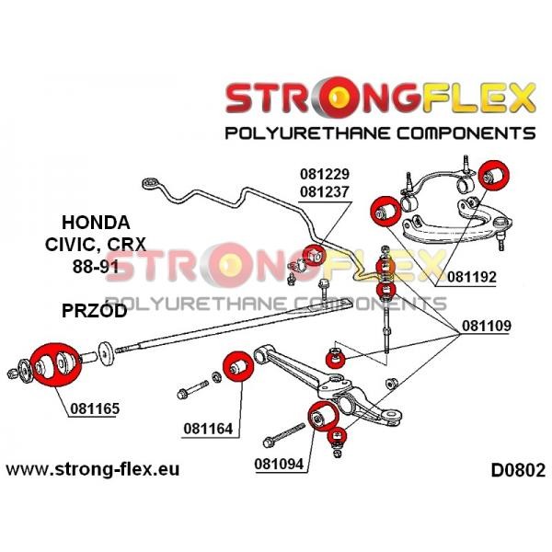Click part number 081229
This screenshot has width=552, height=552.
pos(324,174)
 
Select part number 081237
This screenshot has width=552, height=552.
pos(324,192)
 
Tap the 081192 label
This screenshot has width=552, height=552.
pos(472,277)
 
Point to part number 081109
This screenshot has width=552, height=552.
pos(487,326)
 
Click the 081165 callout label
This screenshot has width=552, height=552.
pos(95,408)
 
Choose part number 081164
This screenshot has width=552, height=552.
pos(208,429)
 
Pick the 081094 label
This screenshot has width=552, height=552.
pos(279,464)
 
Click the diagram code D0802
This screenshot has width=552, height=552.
pos(518,470)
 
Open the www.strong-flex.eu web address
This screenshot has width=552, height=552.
pos(93,469)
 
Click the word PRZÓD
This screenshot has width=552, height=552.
pos(95,311)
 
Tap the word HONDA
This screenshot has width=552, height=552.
pos(96,223)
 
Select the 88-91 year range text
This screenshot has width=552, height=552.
pos(96,267)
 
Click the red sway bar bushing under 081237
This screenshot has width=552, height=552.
pos(315,255)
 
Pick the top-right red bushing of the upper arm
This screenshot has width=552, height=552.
pos(495,175)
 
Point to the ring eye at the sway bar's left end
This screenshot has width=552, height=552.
pos(151,184)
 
